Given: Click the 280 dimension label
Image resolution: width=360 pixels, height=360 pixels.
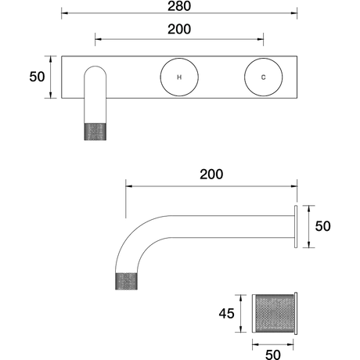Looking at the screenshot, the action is coord(179,5).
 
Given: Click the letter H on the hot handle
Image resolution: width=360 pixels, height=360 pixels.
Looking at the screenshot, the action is coord(179,77).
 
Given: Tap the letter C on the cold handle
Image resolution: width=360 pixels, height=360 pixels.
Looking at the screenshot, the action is coord(263,77).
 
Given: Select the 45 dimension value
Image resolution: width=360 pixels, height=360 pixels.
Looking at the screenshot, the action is coord(226,314).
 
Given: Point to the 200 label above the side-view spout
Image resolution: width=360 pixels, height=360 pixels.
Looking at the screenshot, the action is coord(211,175).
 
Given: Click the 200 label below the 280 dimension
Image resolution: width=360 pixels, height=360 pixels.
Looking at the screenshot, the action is coord(179,29).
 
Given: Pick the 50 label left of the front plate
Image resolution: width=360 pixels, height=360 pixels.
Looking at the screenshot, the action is coord(37,77).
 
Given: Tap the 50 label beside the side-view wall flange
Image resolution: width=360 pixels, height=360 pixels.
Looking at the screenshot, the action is coord(322,226).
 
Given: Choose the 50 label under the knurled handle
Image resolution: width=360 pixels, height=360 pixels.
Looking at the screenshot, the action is coord(273,355).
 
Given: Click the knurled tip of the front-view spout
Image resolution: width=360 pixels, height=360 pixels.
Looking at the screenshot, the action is coord(95,131).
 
